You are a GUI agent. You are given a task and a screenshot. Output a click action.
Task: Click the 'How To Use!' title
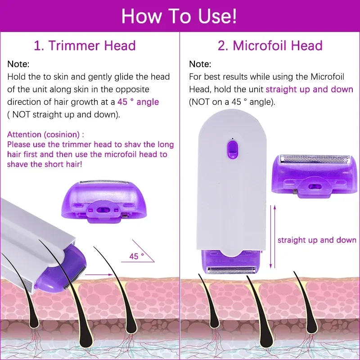(x=179, y=16)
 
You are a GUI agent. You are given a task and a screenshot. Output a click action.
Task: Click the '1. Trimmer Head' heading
(x=85, y=45)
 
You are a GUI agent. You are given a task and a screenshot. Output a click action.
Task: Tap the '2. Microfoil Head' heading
(x=270, y=45)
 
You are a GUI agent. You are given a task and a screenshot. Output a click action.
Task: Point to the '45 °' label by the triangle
(x=136, y=256)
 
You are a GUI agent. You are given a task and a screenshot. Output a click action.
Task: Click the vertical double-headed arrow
(x=271, y=236)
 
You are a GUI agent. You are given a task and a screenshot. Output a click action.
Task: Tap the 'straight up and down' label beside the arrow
(x=317, y=240)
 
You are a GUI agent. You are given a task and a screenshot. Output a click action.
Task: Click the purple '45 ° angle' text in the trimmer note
(x=138, y=102)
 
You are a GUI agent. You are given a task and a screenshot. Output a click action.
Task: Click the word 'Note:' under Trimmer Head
(x=18, y=64)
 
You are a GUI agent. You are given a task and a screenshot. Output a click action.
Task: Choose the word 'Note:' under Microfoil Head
(x=200, y=64)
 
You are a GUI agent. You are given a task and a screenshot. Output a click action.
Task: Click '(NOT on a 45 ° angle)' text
(x=232, y=102)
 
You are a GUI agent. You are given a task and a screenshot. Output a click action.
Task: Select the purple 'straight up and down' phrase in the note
(x=309, y=90)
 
